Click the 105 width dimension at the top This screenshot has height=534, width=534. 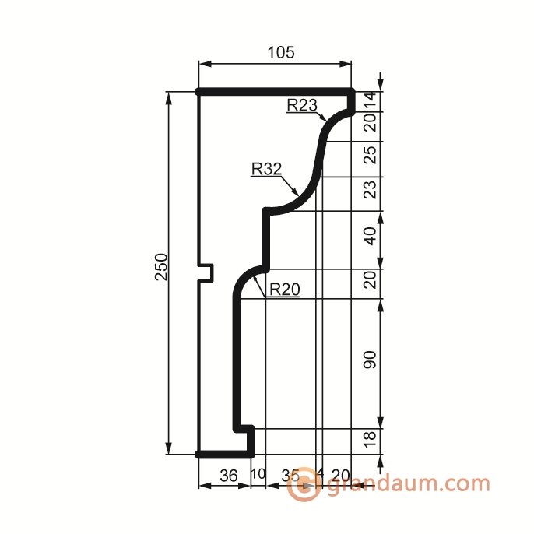(x=280, y=53)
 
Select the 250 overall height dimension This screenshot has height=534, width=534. (x=161, y=267)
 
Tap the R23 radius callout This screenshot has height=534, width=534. (x=302, y=105)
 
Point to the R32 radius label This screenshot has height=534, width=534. (x=266, y=169)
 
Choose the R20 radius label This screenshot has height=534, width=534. (x=285, y=290)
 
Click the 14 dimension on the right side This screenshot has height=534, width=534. (x=371, y=100)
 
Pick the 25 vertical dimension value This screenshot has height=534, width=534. (x=371, y=155)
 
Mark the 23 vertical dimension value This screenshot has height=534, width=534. (x=371, y=189)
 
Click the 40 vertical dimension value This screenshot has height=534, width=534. (x=371, y=237)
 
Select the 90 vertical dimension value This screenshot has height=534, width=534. (x=371, y=360)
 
